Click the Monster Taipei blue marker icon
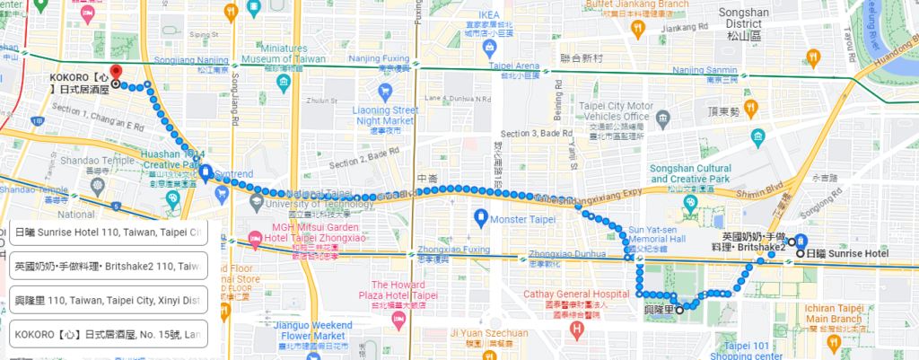[x=481, y=216]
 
